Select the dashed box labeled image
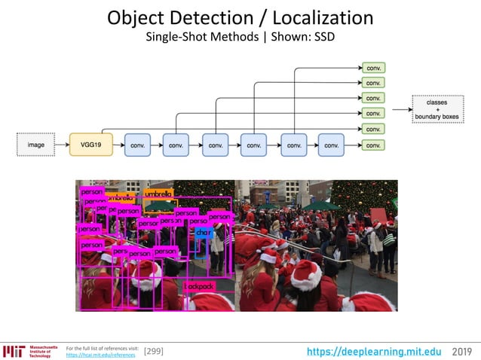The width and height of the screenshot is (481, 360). click(37, 143)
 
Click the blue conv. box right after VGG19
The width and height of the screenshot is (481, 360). click(137, 143)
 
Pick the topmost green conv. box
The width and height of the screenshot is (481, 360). click(372, 68)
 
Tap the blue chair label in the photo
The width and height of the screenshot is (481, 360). click(204, 233)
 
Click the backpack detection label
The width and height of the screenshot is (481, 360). click(199, 286)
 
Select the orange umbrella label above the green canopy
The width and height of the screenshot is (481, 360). click(158, 194)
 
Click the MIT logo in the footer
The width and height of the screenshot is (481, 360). click(14, 351)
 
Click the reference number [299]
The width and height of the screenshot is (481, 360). click(153, 351)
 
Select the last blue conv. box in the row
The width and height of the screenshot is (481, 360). click(331, 143)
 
